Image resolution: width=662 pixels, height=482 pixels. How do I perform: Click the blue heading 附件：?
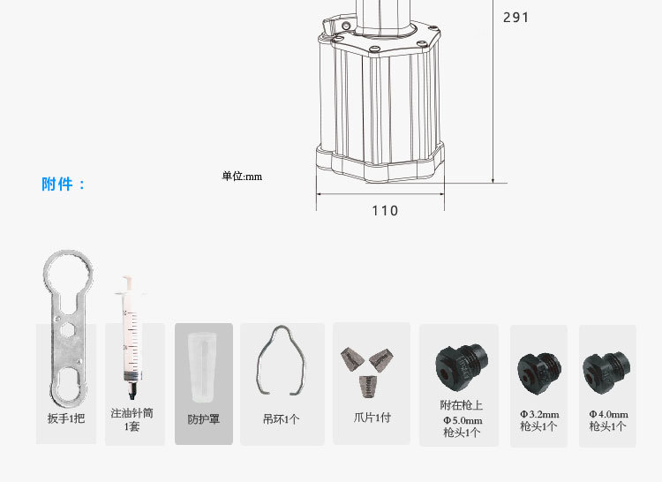pyautogui.click(x=64, y=184)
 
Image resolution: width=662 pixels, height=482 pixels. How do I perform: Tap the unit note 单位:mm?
pyautogui.click(x=242, y=176)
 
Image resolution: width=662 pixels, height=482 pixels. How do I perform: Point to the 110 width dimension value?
pyautogui.click(x=385, y=210)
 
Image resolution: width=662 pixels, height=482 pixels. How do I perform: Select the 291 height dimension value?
pyautogui.click(x=516, y=18)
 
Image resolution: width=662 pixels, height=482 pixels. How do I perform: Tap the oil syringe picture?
pyautogui.click(x=131, y=337)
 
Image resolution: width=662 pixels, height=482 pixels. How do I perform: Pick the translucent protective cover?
pyautogui.click(x=203, y=367)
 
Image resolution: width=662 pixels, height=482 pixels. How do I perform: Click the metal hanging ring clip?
pyautogui.click(x=259, y=372)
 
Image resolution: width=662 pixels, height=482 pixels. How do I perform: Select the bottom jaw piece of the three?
pyautogui.click(x=369, y=387)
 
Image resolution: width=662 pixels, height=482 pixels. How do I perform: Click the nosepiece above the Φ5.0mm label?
pyautogui.click(x=462, y=367)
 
